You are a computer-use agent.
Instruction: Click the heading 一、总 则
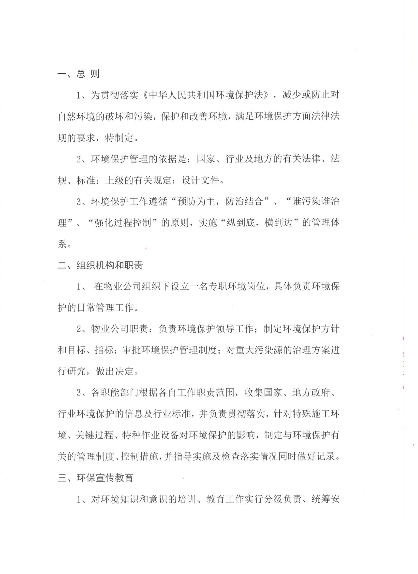79,74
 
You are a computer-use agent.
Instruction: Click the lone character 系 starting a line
62,245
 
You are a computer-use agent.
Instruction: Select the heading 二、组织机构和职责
100,265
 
